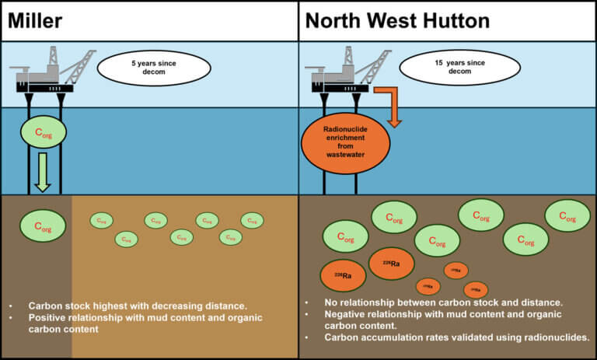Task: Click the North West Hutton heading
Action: click(x=397, y=20)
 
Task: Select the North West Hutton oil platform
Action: click(x=342, y=75)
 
